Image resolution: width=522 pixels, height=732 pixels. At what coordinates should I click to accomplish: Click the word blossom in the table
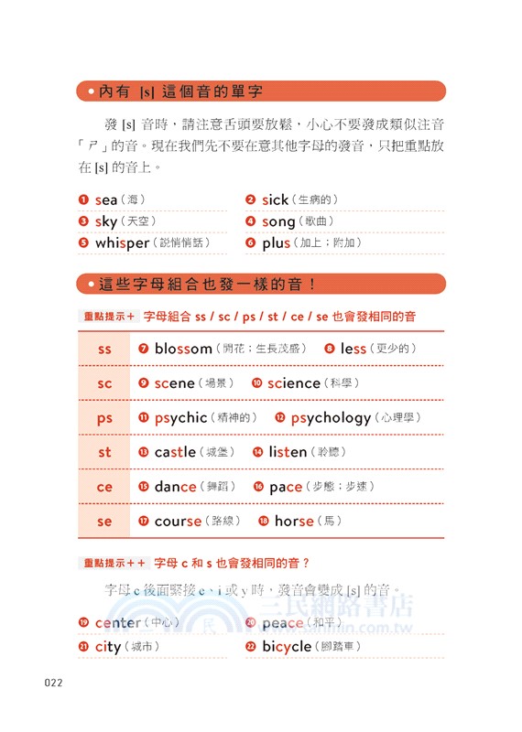click(183, 349)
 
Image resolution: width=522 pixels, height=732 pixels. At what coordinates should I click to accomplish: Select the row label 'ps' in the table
click(104, 418)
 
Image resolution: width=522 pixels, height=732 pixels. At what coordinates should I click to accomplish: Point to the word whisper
click(122, 242)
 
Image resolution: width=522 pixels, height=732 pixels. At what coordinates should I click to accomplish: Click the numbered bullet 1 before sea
click(83, 199)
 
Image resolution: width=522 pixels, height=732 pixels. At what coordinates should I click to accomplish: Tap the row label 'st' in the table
click(104, 452)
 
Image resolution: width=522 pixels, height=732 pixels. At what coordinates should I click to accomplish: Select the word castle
click(175, 452)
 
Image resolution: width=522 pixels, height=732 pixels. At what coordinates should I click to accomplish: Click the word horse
click(294, 522)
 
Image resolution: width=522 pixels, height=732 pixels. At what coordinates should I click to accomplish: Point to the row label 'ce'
click(104, 487)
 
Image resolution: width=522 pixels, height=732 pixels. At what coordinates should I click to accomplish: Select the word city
click(108, 647)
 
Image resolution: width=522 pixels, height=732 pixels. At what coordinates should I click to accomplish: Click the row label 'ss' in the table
click(104, 349)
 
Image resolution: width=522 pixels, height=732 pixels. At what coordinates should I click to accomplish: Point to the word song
click(278, 221)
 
